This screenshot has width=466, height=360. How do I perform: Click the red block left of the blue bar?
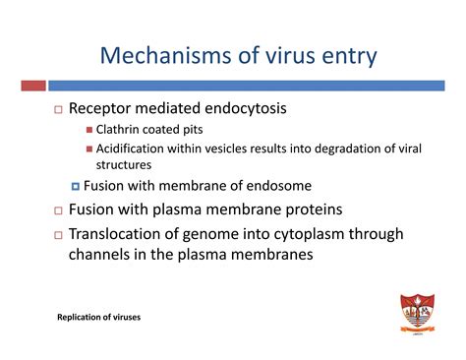32,87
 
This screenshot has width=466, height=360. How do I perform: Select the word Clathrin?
120,132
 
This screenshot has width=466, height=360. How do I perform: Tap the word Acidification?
139,150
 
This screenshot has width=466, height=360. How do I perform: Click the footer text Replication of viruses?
98,317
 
